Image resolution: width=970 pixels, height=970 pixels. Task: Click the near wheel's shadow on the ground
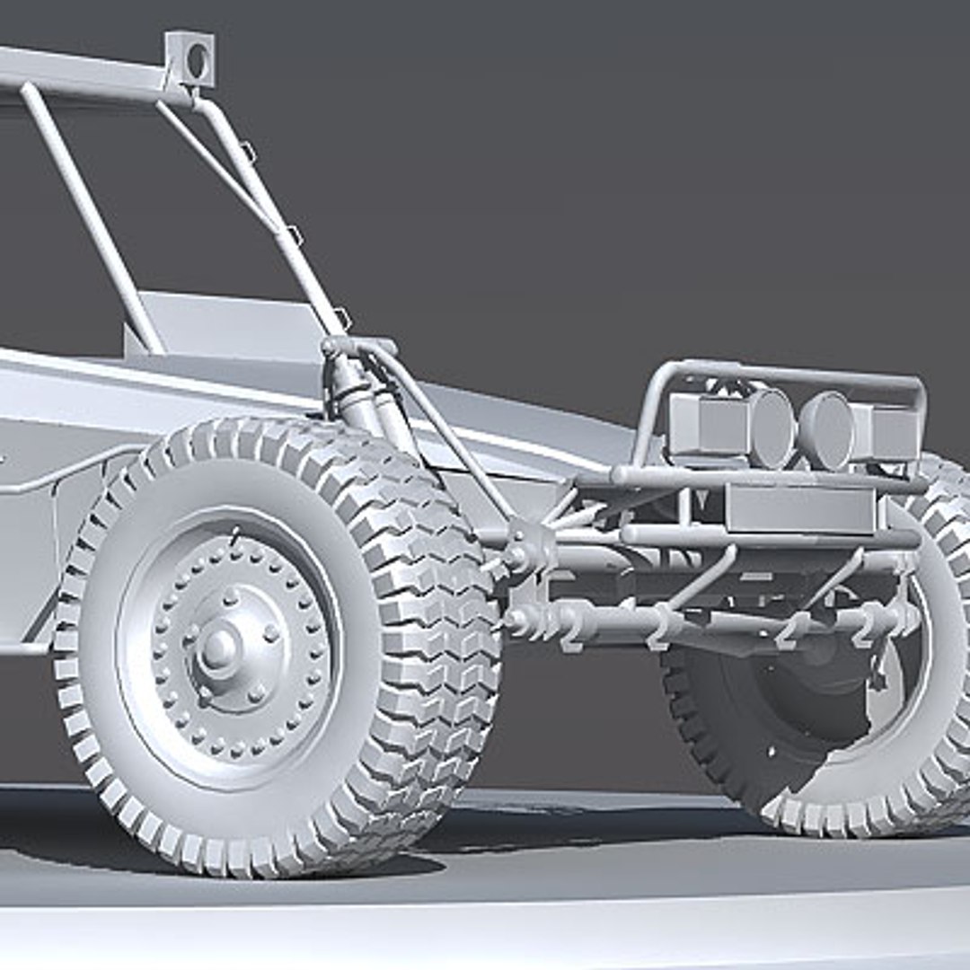[x=395, y=862]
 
